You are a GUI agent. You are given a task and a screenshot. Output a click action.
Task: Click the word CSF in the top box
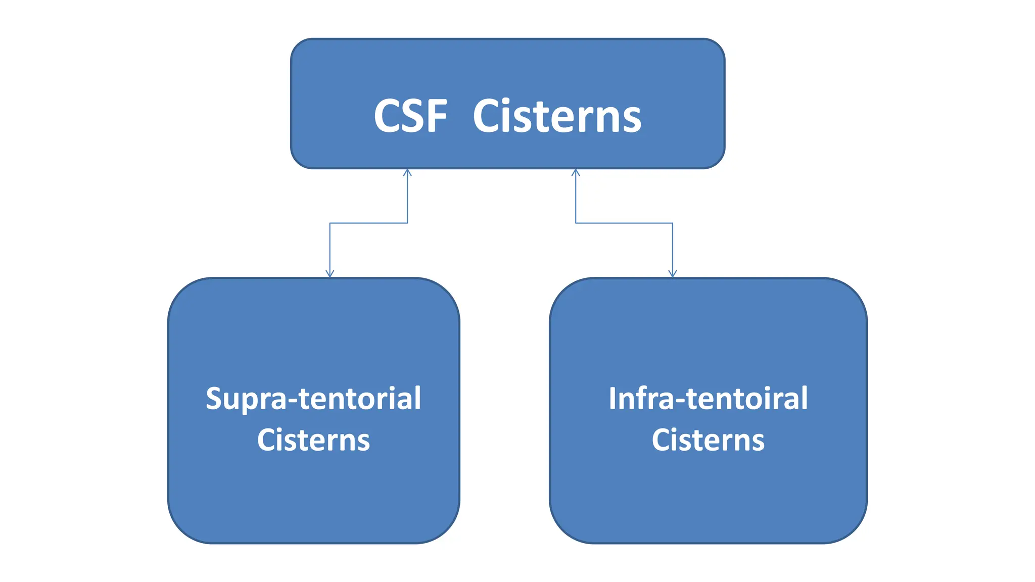(410, 117)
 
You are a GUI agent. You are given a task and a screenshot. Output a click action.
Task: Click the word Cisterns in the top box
(557, 117)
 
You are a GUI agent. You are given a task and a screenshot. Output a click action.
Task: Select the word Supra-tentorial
(313, 399)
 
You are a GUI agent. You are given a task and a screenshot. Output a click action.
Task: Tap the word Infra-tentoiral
(708, 399)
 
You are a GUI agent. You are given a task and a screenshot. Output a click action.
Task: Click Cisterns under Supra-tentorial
(313, 440)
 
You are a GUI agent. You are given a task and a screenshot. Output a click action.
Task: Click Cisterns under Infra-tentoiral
(708, 440)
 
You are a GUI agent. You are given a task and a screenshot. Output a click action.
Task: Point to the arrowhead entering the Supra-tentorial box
(330, 274)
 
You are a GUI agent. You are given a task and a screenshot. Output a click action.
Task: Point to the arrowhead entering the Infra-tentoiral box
(673, 274)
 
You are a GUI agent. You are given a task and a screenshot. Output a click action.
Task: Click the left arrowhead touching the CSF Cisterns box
(407, 173)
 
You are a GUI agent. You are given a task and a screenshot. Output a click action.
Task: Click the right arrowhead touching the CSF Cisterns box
(576, 173)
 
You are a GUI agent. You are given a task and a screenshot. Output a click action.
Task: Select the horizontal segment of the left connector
(369, 223)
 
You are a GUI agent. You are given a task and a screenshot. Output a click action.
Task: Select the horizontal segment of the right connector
(624, 223)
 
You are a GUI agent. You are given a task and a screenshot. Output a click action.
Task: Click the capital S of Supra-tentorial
(214, 399)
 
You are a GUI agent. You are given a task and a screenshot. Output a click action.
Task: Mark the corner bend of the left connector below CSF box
(407, 223)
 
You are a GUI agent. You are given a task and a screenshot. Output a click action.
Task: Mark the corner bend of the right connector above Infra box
(673, 223)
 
